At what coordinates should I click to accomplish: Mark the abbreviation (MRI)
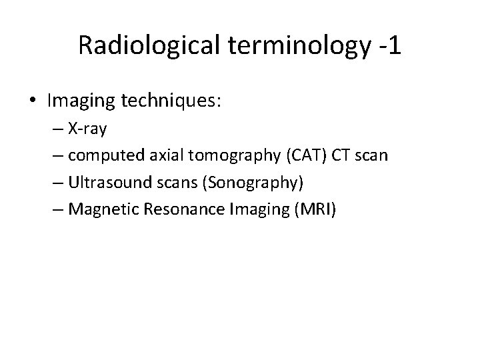(315, 210)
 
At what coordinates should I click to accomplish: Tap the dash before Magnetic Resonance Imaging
(61, 210)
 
